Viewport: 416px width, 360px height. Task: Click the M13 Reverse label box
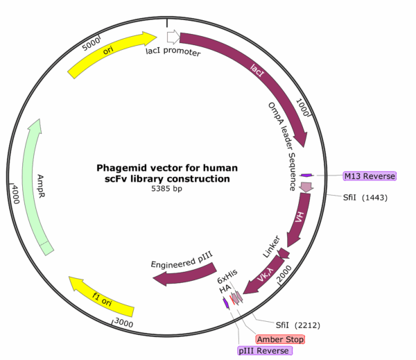click(370, 176)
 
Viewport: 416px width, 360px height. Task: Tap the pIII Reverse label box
click(265, 351)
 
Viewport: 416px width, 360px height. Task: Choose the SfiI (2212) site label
click(297, 325)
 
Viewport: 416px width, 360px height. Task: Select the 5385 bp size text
click(166, 189)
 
